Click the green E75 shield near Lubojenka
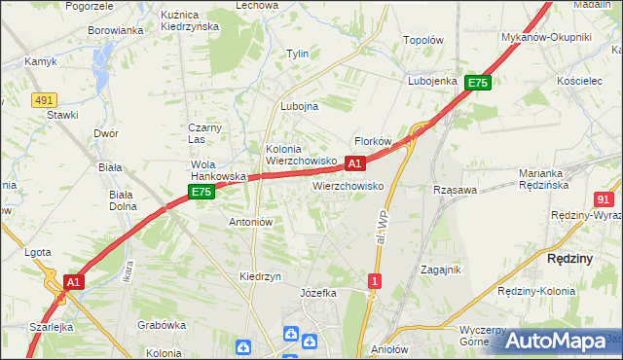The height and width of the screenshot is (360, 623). click(x=477, y=84)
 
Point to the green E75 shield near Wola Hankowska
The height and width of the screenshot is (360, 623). click(x=201, y=193)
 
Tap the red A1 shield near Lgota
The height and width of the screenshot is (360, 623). click(x=72, y=281)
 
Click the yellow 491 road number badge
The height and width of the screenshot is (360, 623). click(x=44, y=99)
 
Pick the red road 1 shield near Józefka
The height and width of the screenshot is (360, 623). click(x=375, y=281)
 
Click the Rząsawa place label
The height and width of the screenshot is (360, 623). click(x=454, y=190)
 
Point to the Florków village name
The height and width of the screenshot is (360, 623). click(x=373, y=141)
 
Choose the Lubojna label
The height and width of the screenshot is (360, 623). click(x=300, y=107)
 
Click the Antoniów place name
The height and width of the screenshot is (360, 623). click(x=250, y=222)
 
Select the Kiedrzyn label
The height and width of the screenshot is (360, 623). click(x=260, y=276)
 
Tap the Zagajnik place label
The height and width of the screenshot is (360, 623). click(x=440, y=270)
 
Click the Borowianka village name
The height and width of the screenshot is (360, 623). click(x=116, y=30)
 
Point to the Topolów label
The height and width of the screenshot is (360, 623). click(x=423, y=41)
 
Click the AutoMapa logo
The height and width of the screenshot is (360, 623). click(x=556, y=341)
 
